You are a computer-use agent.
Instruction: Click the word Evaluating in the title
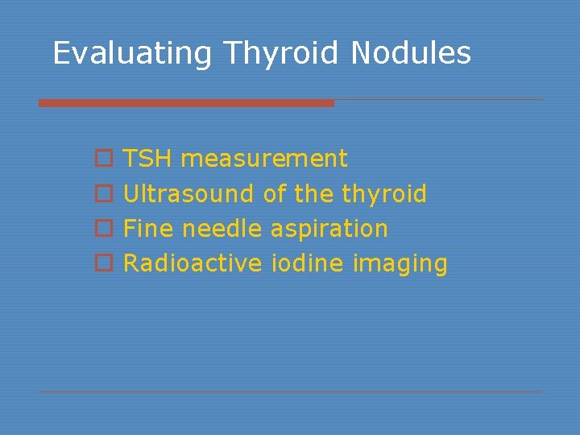[x=132, y=53]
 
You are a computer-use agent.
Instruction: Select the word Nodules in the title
[x=411, y=53]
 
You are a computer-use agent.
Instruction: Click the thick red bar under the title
[x=186, y=103]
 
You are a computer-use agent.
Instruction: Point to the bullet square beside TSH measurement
[x=101, y=159]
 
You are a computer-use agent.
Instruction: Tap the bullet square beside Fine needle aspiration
[x=101, y=230]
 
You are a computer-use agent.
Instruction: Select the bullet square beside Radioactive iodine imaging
[x=101, y=264]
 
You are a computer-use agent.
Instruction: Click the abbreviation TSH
[x=148, y=159]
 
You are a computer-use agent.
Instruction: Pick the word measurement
[x=264, y=159]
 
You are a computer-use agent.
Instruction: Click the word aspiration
[x=329, y=229]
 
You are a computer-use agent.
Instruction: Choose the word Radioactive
[x=193, y=263]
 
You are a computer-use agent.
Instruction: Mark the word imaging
[x=400, y=263]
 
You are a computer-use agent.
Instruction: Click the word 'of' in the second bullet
[x=275, y=193]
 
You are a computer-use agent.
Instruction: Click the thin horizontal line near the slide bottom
[x=290, y=392]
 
